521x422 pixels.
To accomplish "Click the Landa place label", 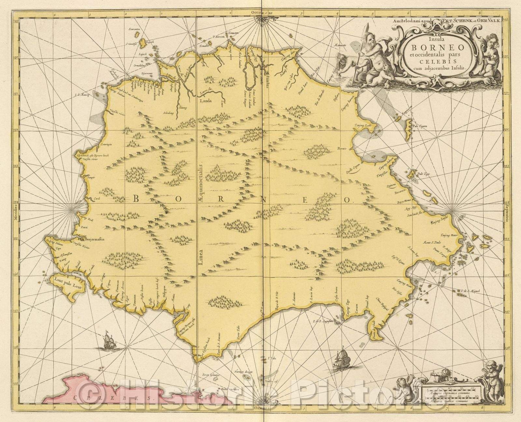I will (x=206, y=101).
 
